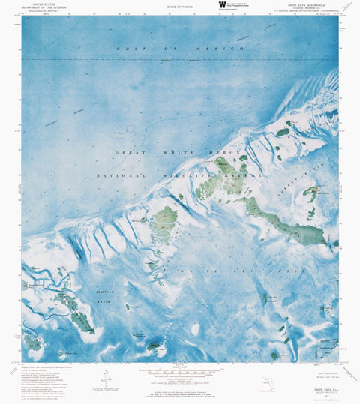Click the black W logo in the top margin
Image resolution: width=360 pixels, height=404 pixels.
221,4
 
